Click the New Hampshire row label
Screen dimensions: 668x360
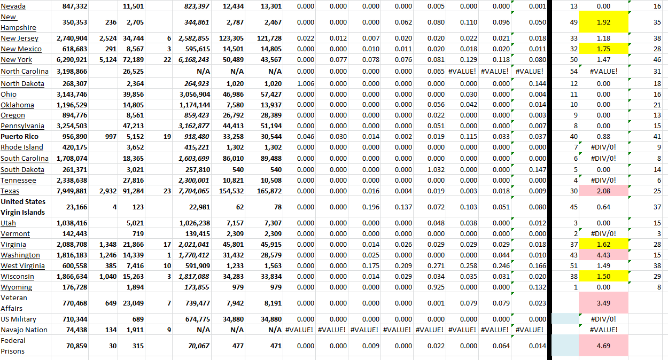coord(19,22)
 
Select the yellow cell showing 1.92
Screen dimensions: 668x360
coord(603,22)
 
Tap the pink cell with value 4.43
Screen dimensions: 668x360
coord(603,255)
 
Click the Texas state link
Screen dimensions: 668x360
coord(10,191)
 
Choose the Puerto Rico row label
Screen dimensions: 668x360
coord(20,137)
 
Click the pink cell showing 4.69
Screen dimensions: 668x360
coord(603,346)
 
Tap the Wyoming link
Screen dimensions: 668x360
coord(16,287)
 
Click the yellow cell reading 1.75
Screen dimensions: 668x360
coord(603,49)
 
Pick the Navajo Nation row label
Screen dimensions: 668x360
coord(24,330)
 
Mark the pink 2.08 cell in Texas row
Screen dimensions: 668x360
coord(603,191)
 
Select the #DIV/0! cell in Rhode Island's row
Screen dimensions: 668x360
coord(603,147)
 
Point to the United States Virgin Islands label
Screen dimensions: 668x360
coord(23,207)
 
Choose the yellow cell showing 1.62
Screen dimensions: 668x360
coord(603,245)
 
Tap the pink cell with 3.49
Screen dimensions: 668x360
coord(603,303)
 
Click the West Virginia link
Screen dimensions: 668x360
coord(23,266)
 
